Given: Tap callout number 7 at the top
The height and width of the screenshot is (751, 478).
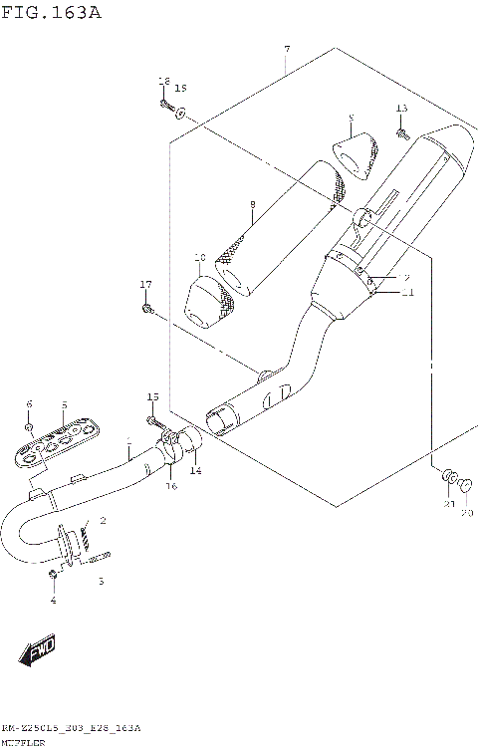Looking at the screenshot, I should (x=287, y=50).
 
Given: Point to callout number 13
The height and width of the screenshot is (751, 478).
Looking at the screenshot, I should (x=401, y=108).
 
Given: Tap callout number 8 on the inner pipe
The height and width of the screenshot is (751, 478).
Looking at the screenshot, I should (x=253, y=205).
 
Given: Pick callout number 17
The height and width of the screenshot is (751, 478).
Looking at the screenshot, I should (x=146, y=286).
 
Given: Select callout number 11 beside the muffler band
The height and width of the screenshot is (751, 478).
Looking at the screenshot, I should (x=406, y=293).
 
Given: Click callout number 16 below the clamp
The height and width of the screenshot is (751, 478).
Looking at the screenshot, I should (x=171, y=486).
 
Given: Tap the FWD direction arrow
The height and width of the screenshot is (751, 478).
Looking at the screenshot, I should (x=36, y=653).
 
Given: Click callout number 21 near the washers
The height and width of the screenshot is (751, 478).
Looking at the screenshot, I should (x=449, y=505).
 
